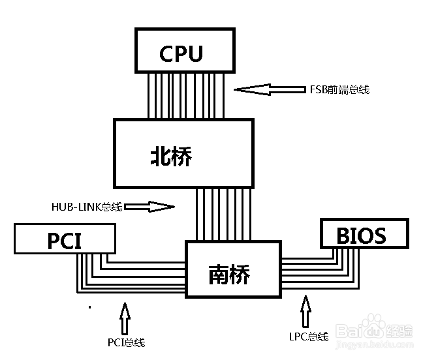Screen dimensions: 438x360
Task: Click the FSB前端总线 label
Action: [x=339, y=89]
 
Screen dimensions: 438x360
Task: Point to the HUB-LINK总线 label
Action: [x=87, y=207]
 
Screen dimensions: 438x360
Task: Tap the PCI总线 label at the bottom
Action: [x=127, y=342]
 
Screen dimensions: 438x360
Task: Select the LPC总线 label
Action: [x=309, y=337]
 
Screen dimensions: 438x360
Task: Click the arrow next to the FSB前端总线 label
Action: [x=270, y=89]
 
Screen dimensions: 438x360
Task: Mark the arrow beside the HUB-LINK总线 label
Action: [x=149, y=207]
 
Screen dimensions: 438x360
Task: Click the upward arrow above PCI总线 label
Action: [x=125, y=318]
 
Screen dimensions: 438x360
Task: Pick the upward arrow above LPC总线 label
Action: [x=305, y=311]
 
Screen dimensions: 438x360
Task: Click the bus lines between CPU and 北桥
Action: [x=186, y=96]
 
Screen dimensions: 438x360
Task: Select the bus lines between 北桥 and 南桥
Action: [x=223, y=215]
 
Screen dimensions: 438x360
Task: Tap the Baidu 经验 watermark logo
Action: [x=374, y=329]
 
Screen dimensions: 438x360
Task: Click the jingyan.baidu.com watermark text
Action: [x=374, y=345]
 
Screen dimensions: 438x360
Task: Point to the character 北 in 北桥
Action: [x=160, y=156]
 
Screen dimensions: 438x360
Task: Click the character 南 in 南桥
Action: [x=219, y=275]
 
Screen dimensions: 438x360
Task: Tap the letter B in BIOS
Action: [x=343, y=236]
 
